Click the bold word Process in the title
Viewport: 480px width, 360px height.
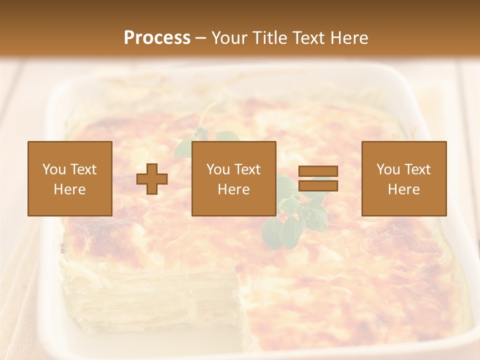157,38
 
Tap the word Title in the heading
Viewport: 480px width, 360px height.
269,38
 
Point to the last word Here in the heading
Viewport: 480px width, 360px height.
350,38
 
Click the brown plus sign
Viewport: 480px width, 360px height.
152,178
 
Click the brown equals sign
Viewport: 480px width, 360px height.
318,178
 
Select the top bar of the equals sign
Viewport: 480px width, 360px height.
318,171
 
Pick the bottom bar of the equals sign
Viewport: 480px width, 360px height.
318,186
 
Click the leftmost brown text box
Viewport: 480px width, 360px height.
70,178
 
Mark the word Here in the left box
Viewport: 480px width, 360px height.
70,189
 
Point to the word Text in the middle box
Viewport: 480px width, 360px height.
247,169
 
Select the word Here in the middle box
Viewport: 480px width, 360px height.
234,189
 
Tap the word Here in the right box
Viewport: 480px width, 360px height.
404,189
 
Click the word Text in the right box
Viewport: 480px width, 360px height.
417,169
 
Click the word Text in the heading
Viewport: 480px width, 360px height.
308,38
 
